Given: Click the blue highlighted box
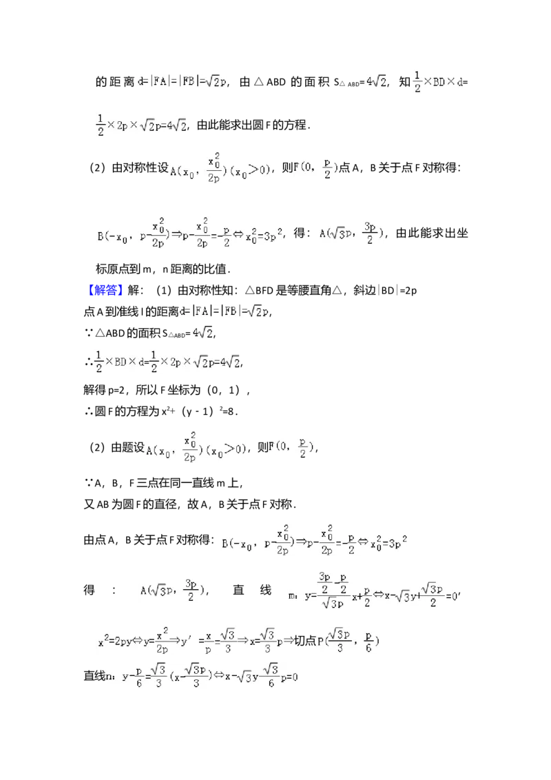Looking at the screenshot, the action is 105,290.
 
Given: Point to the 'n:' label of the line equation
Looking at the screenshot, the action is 110,677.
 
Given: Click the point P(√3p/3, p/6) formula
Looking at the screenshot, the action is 346,641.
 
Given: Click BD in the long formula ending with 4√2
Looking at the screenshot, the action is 120,360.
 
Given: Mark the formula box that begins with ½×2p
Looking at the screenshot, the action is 141,124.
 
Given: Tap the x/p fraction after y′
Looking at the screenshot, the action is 207,641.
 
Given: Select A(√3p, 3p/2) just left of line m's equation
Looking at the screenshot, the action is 172,590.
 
